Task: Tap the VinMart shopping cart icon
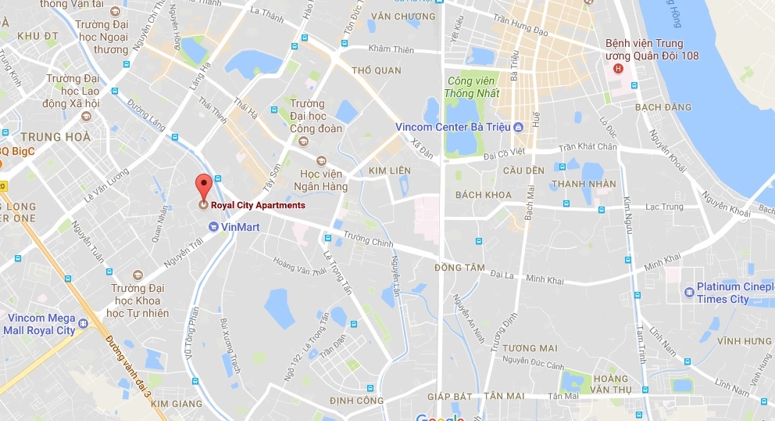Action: tap(214, 227)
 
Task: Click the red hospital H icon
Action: tap(619, 68)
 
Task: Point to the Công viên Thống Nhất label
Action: tap(472, 87)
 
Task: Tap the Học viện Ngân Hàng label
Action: tap(315, 180)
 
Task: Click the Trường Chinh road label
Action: tap(368, 239)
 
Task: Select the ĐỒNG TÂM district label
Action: tap(459, 267)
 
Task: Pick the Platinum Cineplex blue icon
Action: tap(688, 293)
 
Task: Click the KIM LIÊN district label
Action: tap(388, 170)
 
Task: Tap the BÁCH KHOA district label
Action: tap(483, 195)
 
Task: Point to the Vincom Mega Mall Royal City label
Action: tap(41, 324)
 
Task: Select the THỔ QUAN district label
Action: tap(377, 70)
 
